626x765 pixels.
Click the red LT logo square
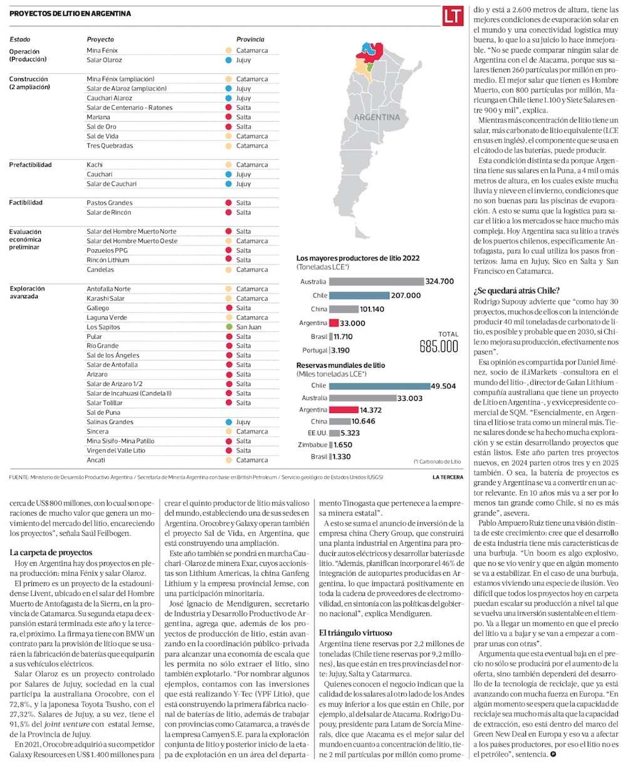click(x=453, y=15)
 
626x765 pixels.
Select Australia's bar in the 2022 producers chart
click(x=376, y=282)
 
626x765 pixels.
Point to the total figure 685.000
click(x=439, y=346)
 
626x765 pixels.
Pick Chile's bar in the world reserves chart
click(x=379, y=385)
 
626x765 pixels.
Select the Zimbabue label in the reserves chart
click(x=311, y=444)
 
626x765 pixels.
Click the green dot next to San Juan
click(x=229, y=327)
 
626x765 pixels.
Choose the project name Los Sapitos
click(x=103, y=327)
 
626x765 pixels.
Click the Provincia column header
click(x=250, y=39)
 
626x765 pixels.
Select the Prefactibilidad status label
click(x=30, y=165)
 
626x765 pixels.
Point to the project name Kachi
click(x=95, y=165)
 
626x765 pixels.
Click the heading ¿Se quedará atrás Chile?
click(x=516, y=290)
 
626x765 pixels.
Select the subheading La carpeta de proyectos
click(x=51, y=553)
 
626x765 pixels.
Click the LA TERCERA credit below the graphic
click(x=448, y=477)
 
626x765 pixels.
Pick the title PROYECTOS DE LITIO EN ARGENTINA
click(x=70, y=14)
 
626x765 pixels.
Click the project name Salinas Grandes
click(x=110, y=422)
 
